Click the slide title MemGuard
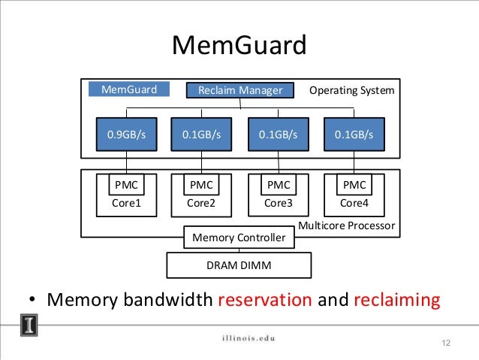[x=239, y=46]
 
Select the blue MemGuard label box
[x=129, y=90]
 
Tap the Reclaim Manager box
[x=239, y=91]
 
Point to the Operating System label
[x=351, y=91]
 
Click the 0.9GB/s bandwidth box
[x=125, y=135]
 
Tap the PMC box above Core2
[x=200, y=185]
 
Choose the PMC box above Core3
[x=278, y=185]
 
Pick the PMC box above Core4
[x=354, y=185]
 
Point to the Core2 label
[x=200, y=202]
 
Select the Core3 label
[x=278, y=202]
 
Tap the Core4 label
[x=354, y=202]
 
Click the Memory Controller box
[x=239, y=237]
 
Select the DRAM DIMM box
[x=239, y=265]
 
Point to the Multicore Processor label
[x=346, y=225]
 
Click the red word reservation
[x=264, y=301]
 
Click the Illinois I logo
[x=29, y=326]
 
